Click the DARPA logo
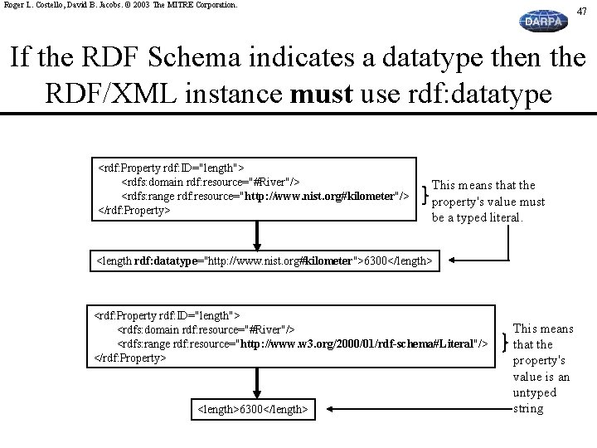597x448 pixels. (543, 21)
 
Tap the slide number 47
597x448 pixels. (581, 12)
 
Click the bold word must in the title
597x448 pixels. (322, 94)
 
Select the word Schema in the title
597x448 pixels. (194, 57)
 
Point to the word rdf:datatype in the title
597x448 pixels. (480, 94)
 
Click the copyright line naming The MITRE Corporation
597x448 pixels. (120, 5)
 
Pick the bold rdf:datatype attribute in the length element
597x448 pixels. (166, 261)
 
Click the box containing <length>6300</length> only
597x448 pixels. (253, 409)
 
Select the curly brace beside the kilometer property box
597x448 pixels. (425, 195)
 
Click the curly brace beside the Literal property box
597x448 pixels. (505, 342)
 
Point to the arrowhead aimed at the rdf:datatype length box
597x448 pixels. (452, 261)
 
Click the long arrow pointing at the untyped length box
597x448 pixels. (420, 409)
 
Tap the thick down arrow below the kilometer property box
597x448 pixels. (257, 236)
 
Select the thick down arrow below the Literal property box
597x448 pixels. (257, 383)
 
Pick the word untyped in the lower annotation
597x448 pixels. (534, 392)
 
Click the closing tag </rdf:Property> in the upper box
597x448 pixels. (134, 210)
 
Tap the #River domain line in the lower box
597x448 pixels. (206, 329)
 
